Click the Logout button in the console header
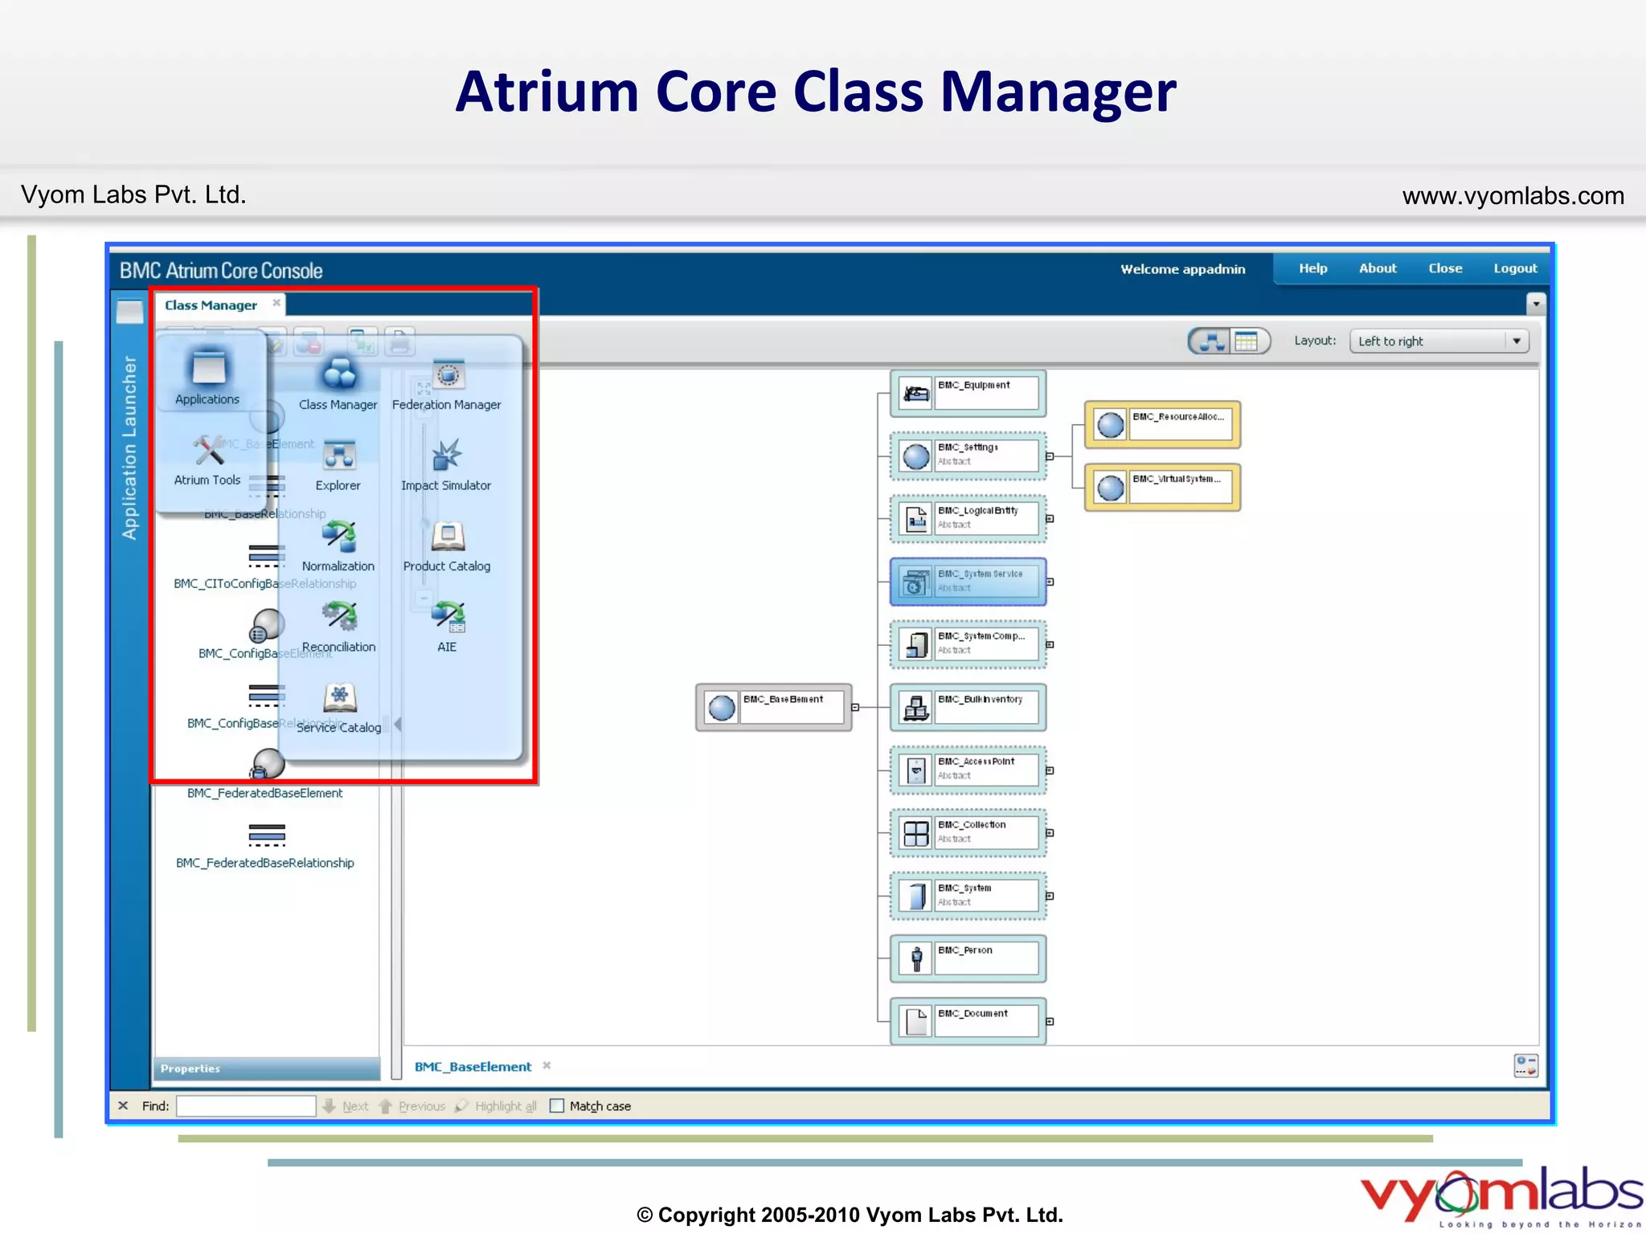coord(1514,268)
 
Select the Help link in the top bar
coord(1312,268)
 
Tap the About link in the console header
coord(1378,268)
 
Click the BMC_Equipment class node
coord(968,393)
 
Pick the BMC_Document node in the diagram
coord(968,1021)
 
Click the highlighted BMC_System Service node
coord(968,582)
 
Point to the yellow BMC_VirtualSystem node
coord(1162,487)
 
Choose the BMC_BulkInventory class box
coord(968,707)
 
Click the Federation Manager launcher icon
coord(448,376)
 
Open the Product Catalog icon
coord(448,537)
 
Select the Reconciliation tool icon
coord(339,617)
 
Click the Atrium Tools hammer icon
coord(208,451)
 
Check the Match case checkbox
coord(557,1106)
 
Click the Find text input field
coord(246,1106)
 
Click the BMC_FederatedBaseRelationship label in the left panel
coord(265,863)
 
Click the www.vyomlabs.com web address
coord(1513,196)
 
